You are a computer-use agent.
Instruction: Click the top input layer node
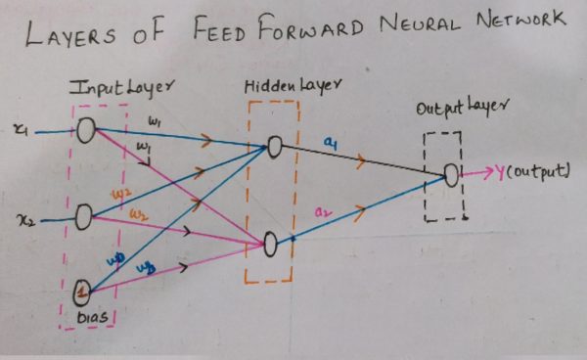(86, 129)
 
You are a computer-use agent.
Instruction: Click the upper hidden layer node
(275, 148)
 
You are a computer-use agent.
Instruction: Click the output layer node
(451, 175)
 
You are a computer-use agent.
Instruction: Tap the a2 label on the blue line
(322, 211)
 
